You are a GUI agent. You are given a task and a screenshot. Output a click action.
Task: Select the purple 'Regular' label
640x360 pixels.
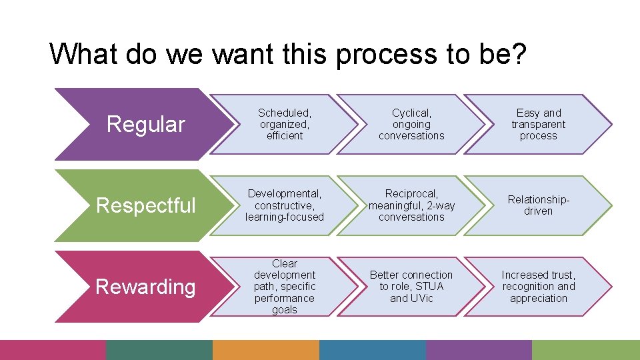[x=145, y=124]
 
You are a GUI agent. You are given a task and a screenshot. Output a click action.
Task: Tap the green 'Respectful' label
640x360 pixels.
[x=146, y=205]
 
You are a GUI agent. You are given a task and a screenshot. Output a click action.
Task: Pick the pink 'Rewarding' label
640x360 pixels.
[x=145, y=287]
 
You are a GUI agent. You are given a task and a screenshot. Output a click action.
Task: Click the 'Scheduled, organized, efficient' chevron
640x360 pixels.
[x=285, y=125]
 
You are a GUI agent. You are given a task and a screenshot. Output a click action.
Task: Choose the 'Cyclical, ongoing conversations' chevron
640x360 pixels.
[x=411, y=125]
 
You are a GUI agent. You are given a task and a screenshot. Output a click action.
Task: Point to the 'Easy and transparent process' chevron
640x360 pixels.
[x=538, y=125]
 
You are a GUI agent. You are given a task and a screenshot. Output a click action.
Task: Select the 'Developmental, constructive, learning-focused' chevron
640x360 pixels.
[x=285, y=205]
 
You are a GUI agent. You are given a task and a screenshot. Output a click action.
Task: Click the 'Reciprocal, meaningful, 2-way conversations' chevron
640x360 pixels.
[x=411, y=205]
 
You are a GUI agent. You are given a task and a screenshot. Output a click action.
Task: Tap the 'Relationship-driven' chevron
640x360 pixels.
[x=538, y=205]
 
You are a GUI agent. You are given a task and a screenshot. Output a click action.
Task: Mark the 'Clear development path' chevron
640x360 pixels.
[x=285, y=287]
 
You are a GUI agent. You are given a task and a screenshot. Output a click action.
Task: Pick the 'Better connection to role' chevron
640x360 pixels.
[x=411, y=287]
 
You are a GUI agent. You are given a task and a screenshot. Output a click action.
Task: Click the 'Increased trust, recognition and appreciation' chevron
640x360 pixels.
[x=538, y=287]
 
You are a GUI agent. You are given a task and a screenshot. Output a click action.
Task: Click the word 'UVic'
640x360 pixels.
[x=421, y=298]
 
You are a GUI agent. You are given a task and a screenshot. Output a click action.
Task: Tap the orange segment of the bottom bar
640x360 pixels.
[x=265, y=350]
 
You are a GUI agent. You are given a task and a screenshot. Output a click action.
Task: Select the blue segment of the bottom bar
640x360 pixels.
[x=372, y=350]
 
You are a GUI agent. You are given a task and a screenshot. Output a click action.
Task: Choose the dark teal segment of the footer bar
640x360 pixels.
[x=159, y=350]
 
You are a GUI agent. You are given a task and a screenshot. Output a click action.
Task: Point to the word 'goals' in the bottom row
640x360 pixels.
[x=285, y=310]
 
